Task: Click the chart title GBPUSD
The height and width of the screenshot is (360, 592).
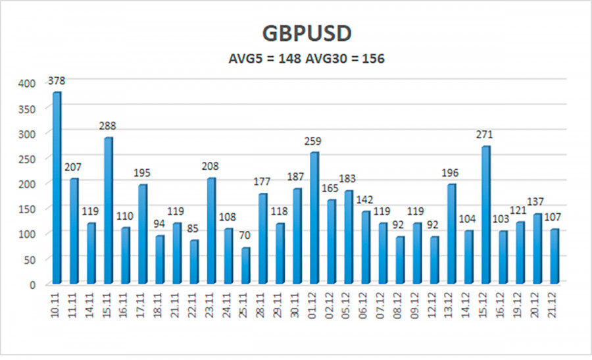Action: coord(295,34)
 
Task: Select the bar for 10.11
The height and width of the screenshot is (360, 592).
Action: coord(57,188)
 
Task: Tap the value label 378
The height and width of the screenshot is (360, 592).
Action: coord(57,81)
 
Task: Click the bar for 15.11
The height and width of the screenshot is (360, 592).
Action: coord(109,211)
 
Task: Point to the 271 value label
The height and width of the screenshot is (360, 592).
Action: coord(485,135)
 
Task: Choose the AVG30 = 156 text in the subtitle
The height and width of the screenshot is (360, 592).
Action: coord(345,59)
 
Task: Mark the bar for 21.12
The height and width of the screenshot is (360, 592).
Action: coord(554,257)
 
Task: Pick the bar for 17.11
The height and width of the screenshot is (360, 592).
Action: coord(143,234)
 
